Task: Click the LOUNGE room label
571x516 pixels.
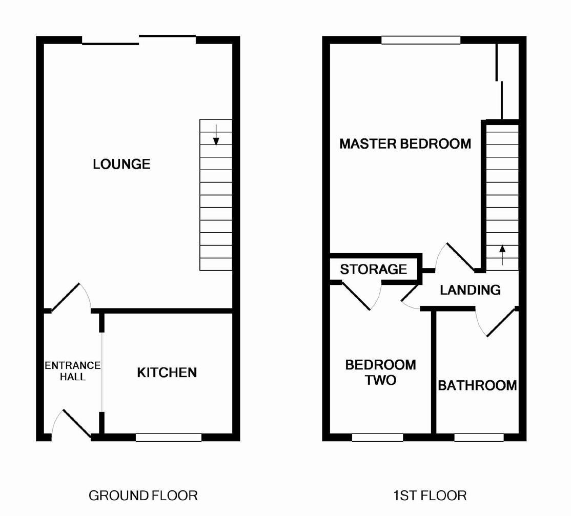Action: coord(121,164)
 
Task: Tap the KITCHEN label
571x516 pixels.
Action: coord(167,373)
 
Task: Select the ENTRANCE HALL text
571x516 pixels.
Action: coord(72,371)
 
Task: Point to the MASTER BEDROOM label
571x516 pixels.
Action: coord(405,143)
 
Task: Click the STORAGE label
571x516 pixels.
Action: coord(373,269)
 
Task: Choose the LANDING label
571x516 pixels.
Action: coord(470,290)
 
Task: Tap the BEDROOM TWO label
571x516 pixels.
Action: coord(380,373)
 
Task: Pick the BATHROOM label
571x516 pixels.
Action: coord(477,385)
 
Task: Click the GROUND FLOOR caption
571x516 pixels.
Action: coord(143,496)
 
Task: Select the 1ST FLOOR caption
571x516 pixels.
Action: coord(430,496)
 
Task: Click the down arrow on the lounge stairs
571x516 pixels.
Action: coord(216,135)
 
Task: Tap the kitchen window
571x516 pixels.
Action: coord(169,437)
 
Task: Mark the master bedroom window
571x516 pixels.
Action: coord(421,40)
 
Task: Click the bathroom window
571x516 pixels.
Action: coord(479,437)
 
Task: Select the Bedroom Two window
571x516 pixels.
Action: coord(377,437)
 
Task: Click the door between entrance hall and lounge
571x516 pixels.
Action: coord(70,297)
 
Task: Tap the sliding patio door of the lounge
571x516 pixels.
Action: coord(139,40)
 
